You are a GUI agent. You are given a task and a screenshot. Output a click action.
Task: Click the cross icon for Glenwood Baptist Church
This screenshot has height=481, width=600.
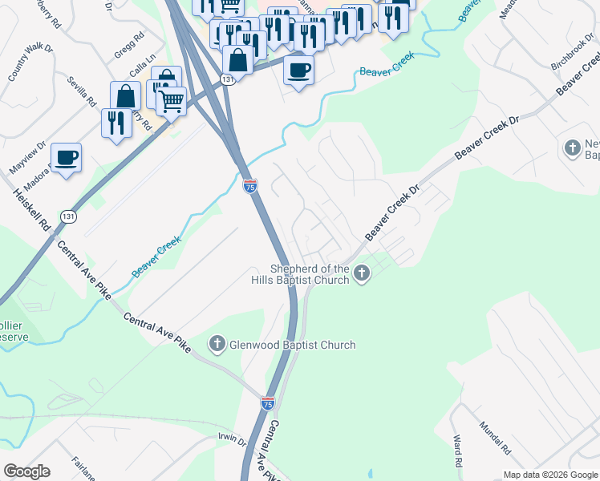pos(217,345)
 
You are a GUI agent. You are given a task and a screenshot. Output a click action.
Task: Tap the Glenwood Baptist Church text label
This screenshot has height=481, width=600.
pos(291,345)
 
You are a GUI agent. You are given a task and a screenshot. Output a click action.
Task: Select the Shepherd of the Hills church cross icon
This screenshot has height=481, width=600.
pos(362,274)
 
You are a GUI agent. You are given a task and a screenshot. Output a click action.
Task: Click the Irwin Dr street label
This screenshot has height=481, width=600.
pos(232,439)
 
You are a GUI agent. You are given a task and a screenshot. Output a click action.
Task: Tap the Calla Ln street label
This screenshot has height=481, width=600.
pos(141,71)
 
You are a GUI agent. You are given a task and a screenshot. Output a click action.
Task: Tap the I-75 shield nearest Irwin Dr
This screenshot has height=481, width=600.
pos(268,402)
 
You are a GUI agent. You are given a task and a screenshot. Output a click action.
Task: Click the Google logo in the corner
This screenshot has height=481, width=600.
pos(26,471)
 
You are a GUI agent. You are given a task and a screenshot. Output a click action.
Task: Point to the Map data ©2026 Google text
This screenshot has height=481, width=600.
pos(550,475)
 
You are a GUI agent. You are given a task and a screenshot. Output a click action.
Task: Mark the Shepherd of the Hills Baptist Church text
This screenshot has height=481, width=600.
pos(310,274)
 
